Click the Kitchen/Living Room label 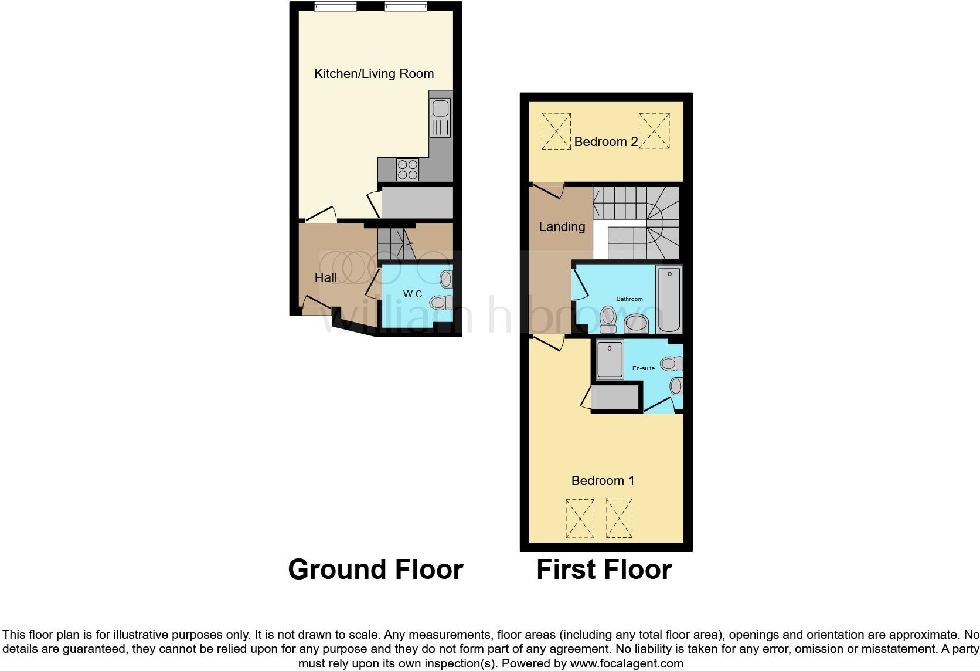click(x=374, y=74)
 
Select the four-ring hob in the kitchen click(x=407, y=170)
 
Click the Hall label click(x=326, y=278)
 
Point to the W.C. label click(x=414, y=294)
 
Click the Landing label click(x=562, y=227)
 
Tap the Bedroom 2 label click(x=605, y=142)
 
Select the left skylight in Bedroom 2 click(x=556, y=131)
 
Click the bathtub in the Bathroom click(x=669, y=299)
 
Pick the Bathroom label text click(x=629, y=299)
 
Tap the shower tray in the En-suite click(x=610, y=359)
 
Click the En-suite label click(x=644, y=368)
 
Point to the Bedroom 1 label click(x=603, y=481)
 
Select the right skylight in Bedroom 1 click(x=619, y=518)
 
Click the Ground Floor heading click(x=375, y=570)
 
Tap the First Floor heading click(x=604, y=570)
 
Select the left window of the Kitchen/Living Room click(x=335, y=6)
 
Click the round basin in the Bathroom click(x=635, y=323)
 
